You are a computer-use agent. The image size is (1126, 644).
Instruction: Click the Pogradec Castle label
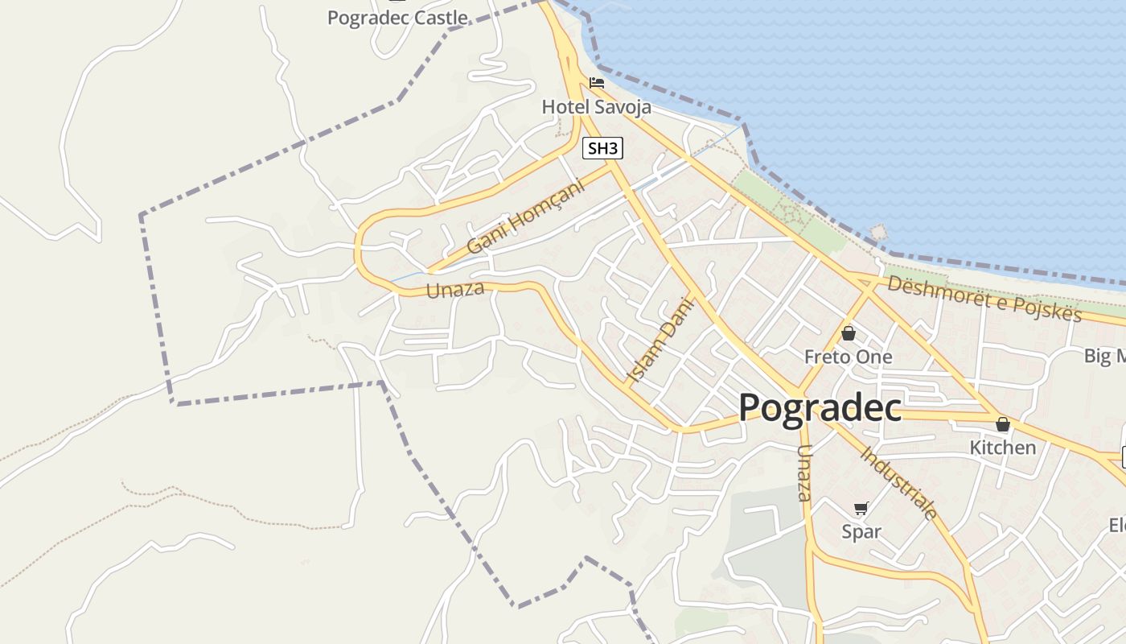tap(397, 17)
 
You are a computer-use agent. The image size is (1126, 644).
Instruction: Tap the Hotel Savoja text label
tap(596, 106)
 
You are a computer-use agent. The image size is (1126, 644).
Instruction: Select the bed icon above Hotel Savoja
tap(597, 82)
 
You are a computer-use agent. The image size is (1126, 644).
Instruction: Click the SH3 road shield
tap(603, 148)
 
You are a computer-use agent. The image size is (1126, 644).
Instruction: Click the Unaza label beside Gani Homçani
tap(455, 289)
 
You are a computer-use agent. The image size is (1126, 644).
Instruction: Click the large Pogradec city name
tap(820, 407)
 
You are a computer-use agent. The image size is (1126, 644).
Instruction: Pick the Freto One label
tap(849, 357)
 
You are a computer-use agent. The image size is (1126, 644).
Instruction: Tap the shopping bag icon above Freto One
tap(849, 332)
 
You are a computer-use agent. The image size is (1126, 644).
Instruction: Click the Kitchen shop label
tap(1003, 448)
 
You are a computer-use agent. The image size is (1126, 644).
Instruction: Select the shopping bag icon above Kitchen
tap(1003, 423)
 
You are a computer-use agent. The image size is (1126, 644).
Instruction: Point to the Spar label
tap(861, 531)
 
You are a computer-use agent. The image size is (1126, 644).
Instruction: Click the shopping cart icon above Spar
tap(861, 508)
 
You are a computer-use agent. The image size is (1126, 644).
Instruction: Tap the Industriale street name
tap(899, 481)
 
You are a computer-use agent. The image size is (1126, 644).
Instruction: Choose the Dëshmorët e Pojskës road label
tap(984, 299)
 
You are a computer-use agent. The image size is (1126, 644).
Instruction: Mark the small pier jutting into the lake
tap(877, 233)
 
